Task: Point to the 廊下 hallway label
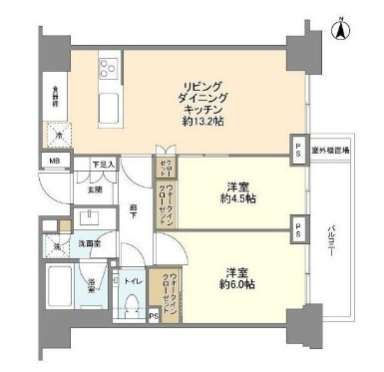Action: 133,210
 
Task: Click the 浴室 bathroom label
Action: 92,282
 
